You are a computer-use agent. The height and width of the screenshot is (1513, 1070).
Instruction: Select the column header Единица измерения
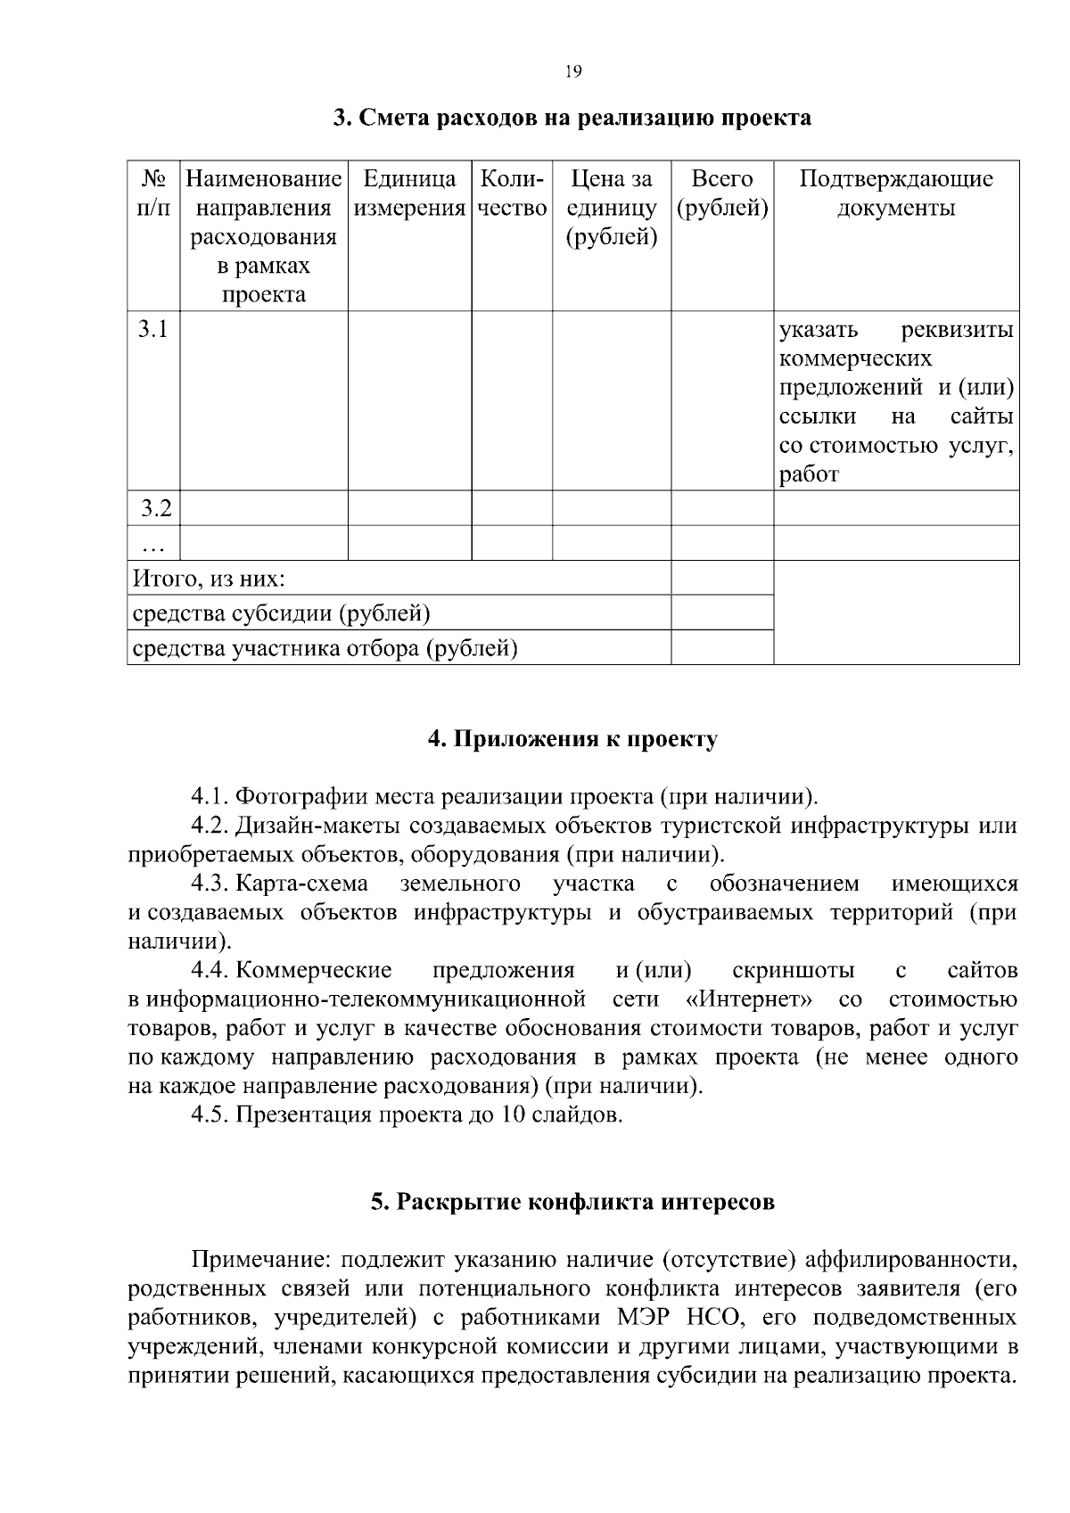(409, 193)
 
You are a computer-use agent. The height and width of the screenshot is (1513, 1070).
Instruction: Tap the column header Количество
(512, 193)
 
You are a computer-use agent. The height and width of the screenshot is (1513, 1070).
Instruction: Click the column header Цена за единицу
(612, 208)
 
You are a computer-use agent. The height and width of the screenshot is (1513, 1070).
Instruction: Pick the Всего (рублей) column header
(722, 193)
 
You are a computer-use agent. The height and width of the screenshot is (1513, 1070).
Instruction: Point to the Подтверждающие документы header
(895, 193)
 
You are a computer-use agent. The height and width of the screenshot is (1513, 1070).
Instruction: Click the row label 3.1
(153, 330)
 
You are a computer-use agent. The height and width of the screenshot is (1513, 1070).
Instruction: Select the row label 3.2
(155, 509)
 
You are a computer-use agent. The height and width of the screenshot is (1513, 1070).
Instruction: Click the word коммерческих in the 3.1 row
(855, 359)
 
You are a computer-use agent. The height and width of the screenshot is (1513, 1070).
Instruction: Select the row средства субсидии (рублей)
(282, 614)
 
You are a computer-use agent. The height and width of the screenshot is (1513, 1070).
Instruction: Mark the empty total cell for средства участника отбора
(721, 648)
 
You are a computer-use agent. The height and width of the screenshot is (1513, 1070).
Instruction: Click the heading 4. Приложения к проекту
(572, 739)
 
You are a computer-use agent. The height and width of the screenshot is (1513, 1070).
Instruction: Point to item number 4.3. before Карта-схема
(211, 884)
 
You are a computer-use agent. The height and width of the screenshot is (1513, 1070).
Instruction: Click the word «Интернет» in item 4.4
(749, 999)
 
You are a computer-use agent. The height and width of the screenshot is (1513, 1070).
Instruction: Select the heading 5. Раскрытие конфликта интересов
(572, 1202)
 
